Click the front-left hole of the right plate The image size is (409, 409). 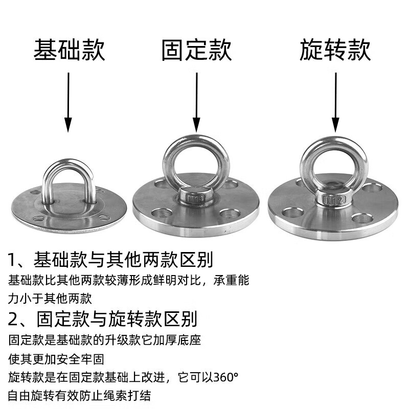tap(292, 212)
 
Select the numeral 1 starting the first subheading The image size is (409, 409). tap(13, 260)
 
